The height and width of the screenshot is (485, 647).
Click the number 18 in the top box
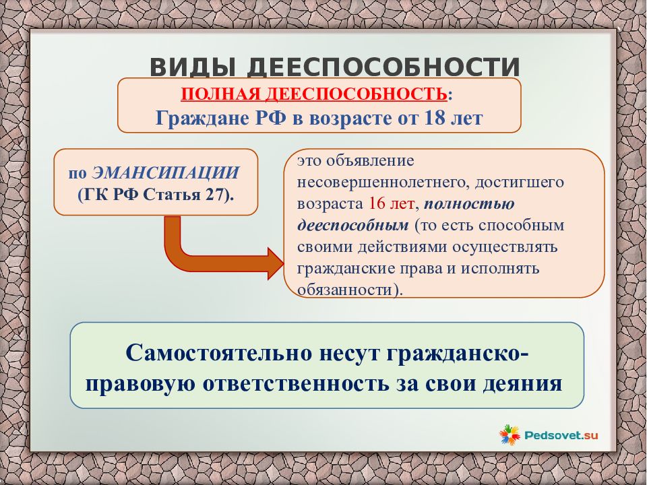[433, 119]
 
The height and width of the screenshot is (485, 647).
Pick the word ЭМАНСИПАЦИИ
[166, 173]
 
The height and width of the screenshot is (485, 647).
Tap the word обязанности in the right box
[345, 290]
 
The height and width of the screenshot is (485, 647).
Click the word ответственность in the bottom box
[296, 383]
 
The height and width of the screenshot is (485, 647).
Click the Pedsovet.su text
[561, 435]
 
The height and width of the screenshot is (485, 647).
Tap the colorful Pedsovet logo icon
[510, 434]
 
